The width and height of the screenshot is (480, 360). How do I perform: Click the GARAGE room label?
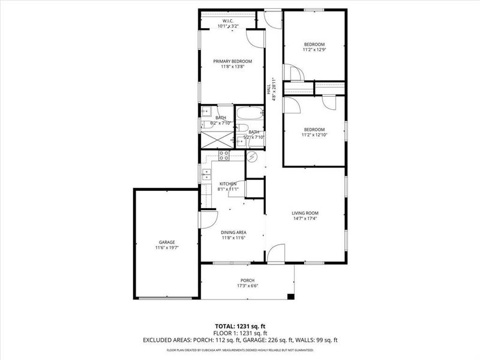[167, 242]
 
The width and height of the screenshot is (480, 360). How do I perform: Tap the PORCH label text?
[247, 280]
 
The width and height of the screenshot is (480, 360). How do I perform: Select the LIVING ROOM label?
[305, 213]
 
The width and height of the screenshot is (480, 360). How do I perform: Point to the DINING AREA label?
[233, 232]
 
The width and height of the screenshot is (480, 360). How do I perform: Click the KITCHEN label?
[228, 184]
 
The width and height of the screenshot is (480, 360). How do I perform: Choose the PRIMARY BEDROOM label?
[233, 61]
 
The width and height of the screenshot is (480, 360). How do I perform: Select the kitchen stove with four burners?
[224, 155]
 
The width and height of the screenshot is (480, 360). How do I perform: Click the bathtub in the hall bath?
[249, 113]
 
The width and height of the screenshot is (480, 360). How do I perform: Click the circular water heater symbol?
[253, 158]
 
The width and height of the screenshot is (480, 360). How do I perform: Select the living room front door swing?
[275, 254]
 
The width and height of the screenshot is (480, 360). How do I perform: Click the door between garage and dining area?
[208, 219]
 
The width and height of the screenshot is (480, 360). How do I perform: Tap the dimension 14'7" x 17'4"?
[305, 218]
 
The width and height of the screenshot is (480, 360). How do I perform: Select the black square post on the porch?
[291, 296]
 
